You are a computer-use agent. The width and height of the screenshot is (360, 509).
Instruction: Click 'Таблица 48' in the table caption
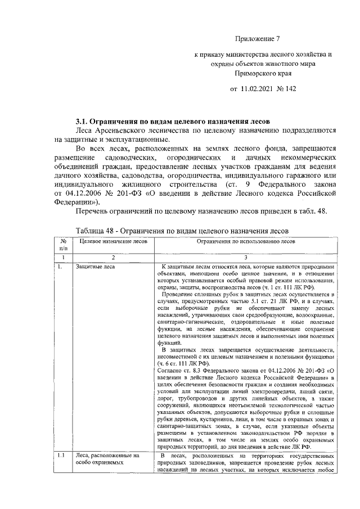coord(95,231)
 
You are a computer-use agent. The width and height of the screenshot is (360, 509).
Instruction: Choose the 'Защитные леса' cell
coord(96,266)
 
